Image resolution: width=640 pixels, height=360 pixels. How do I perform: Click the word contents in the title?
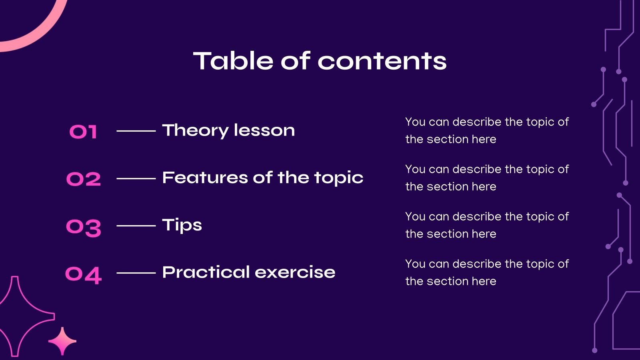pyautogui.click(x=382, y=61)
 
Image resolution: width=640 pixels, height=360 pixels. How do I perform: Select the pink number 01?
pyautogui.click(x=83, y=132)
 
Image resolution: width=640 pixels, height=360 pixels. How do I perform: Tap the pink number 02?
pyautogui.click(x=84, y=179)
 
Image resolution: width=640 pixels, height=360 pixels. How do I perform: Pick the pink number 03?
pyautogui.click(x=84, y=227)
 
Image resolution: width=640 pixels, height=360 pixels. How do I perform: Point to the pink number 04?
pyautogui.click(x=84, y=275)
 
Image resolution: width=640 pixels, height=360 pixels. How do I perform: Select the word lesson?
pyautogui.click(x=264, y=130)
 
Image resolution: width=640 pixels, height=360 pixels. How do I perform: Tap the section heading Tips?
pyautogui.click(x=182, y=225)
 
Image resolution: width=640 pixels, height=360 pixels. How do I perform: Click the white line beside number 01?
pyautogui.click(x=136, y=131)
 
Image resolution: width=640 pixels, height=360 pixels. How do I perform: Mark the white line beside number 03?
pyautogui.click(x=136, y=226)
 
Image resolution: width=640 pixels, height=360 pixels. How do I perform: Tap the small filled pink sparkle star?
pyautogui.click(x=62, y=341)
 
